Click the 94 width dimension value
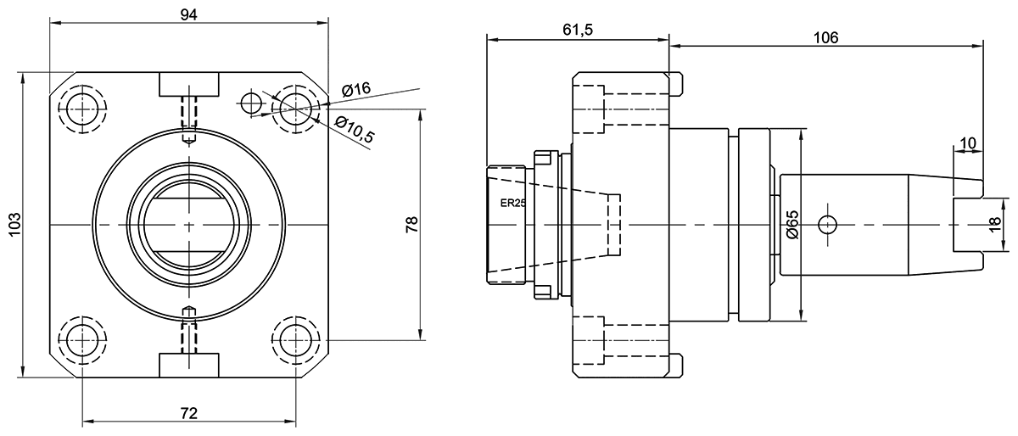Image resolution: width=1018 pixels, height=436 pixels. coord(189,14)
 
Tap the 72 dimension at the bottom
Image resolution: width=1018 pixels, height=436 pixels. coord(189,413)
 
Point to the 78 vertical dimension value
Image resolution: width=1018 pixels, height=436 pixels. coord(411,225)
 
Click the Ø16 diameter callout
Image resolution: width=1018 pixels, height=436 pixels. coord(356,89)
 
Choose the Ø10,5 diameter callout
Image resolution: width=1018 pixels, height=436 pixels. coord(355,128)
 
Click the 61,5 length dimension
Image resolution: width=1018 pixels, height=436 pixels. coord(577,30)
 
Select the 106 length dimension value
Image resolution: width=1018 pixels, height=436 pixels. coord(825,37)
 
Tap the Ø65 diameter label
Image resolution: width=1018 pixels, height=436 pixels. coord(791,225)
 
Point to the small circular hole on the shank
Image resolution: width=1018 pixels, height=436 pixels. coord(827,225)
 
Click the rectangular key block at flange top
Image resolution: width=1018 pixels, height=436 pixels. coord(189,84)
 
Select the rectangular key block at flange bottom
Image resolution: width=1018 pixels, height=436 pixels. coord(189,365)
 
